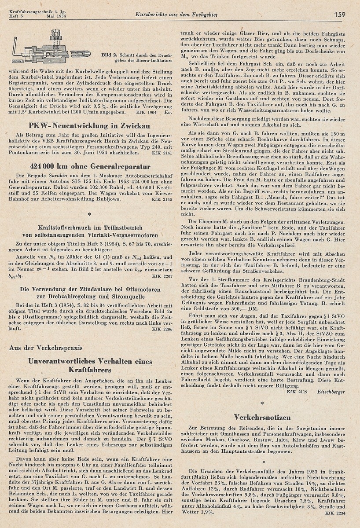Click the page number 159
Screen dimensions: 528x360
pos(339,15)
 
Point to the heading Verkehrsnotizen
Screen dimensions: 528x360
pos(262,416)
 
